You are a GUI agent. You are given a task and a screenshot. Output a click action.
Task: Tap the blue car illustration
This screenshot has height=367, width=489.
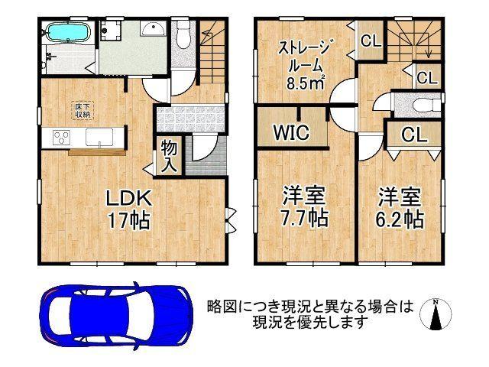click(x=115, y=314)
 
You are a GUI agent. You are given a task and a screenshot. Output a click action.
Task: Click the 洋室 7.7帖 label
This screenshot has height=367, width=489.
click(x=304, y=206)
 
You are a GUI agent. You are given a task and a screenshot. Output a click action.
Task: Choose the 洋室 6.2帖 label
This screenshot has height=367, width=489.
click(x=400, y=206)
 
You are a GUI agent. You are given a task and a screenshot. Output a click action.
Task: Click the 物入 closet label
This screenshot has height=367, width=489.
click(x=170, y=156)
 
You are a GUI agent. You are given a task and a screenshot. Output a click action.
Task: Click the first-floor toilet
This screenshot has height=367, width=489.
click(x=183, y=34)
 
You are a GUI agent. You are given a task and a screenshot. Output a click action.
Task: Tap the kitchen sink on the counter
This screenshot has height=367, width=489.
click(x=99, y=138)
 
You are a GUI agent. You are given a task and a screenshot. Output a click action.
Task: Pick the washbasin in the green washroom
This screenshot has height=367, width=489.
click(x=152, y=31)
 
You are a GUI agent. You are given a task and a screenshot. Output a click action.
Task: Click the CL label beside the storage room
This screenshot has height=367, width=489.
click(x=371, y=41)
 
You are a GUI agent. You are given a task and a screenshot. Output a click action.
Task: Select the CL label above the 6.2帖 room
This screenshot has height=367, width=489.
click(x=413, y=135)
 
